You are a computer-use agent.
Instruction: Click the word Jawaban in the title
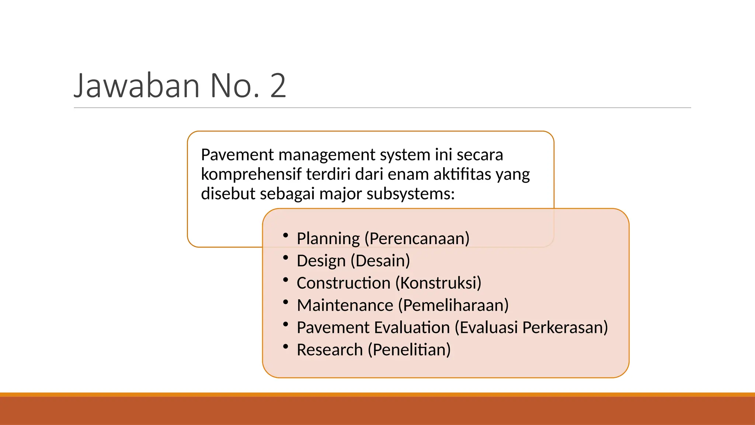point(136,86)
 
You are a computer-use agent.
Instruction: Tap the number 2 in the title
point(278,86)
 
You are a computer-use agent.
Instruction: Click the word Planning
point(328,239)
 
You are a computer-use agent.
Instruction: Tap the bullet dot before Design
point(285,258)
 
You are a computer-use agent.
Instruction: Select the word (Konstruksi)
point(438,283)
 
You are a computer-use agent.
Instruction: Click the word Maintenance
point(345,305)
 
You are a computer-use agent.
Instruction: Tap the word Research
point(330,350)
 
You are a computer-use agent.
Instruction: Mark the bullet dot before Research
point(285,346)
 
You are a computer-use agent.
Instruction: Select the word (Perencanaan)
point(417,239)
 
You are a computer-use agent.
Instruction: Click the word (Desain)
point(380,261)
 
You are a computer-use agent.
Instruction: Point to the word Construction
point(344,283)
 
